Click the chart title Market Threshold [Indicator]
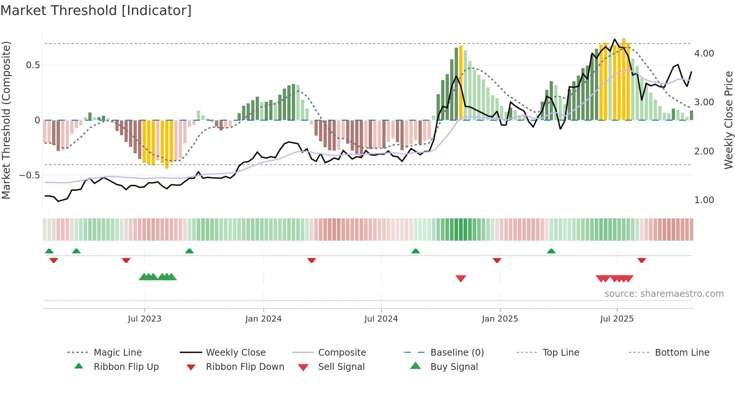(x=96, y=10)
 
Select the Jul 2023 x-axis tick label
(x=144, y=319)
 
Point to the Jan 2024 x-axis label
(x=263, y=319)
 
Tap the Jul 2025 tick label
(x=617, y=319)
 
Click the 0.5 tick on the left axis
(x=33, y=65)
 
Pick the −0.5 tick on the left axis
(x=30, y=175)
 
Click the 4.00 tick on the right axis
(x=704, y=54)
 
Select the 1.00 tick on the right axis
(x=704, y=200)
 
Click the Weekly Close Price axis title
(x=728, y=120)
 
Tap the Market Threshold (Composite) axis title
(x=6, y=120)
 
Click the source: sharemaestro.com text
(x=664, y=294)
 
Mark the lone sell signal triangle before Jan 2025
(x=460, y=278)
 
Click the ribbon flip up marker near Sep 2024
(x=415, y=251)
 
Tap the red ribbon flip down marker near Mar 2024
(x=311, y=260)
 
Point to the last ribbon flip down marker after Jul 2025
(x=642, y=260)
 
